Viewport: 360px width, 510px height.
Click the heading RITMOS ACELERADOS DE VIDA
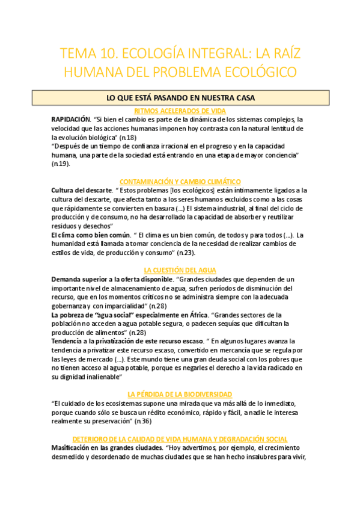click(180, 111)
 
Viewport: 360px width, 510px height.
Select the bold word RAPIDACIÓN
click(70, 119)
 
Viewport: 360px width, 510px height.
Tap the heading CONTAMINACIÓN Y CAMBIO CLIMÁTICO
click(180, 181)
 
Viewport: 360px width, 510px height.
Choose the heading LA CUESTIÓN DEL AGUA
click(180, 270)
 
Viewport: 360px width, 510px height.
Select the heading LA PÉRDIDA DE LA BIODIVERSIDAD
click(180, 394)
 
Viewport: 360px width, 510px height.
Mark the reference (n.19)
click(61, 164)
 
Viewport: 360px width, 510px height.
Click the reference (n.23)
click(202, 253)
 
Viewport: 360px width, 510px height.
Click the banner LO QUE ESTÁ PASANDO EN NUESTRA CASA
click(180, 97)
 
